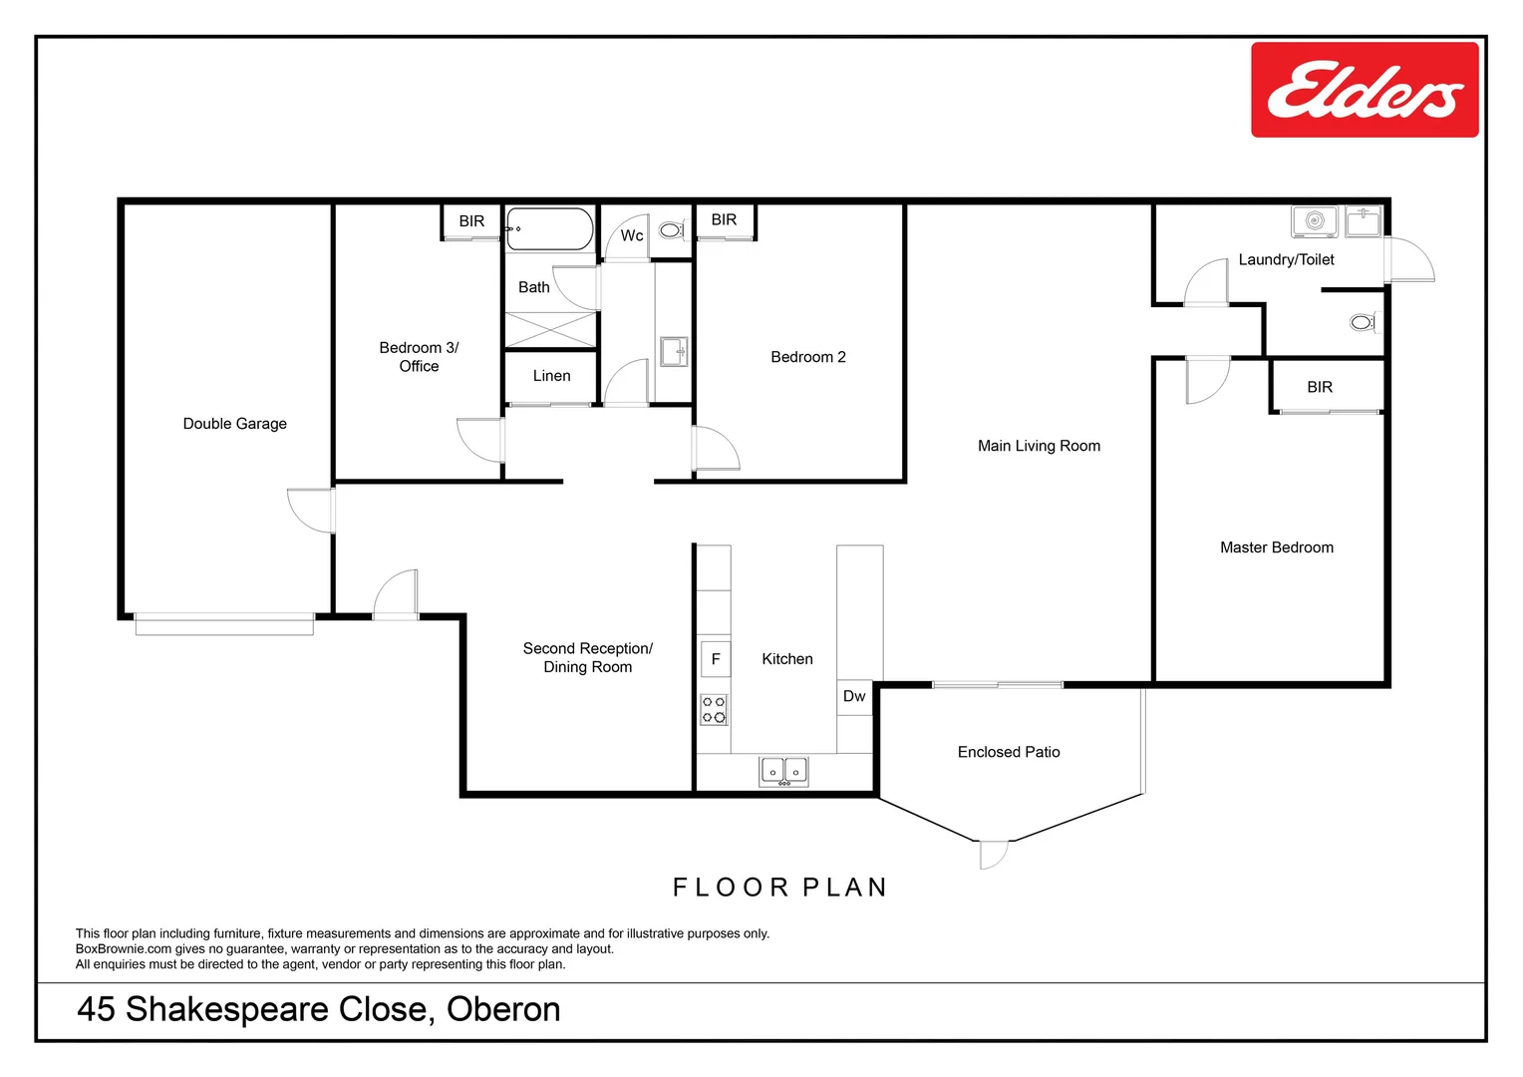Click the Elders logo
[x=1364, y=90]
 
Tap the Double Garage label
[x=234, y=424]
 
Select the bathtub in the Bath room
[x=549, y=228]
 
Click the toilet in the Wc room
[x=671, y=230]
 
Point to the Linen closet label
[x=551, y=376]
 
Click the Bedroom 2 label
[x=807, y=357]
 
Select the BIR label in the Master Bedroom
[x=1319, y=387]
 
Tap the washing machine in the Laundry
[x=1314, y=221]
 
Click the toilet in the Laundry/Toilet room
[x=1362, y=322]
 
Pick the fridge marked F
[x=715, y=659]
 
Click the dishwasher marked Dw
[x=854, y=696]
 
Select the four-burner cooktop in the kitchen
[x=714, y=709]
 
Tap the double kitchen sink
[x=783, y=771]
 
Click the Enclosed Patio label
[x=1008, y=752]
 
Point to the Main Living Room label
[x=1039, y=446]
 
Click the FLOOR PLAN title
[x=779, y=888]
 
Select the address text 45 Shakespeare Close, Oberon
[x=319, y=1009]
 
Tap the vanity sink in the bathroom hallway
[x=674, y=351]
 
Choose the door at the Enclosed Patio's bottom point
[x=993, y=854]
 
